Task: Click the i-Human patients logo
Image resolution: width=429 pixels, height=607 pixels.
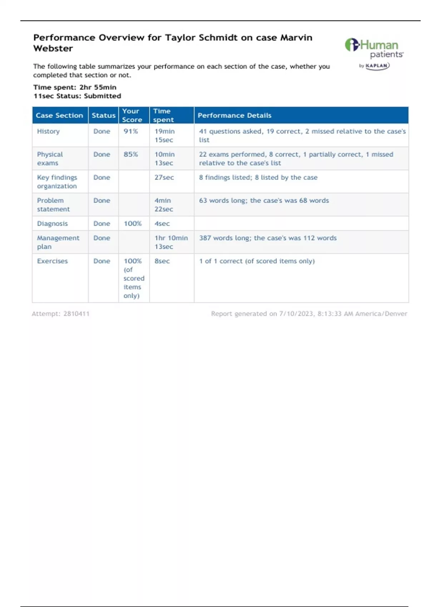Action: [x=374, y=49]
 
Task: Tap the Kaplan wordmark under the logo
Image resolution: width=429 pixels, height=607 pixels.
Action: [x=377, y=66]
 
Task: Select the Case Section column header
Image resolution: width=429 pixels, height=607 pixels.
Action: [x=59, y=115]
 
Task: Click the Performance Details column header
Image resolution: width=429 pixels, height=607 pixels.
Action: [x=235, y=115]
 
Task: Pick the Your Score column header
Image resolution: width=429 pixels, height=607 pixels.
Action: [x=132, y=115]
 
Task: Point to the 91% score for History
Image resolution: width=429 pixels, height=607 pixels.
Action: [x=131, y=131]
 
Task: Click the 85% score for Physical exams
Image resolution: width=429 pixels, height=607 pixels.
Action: [x=131, y=155]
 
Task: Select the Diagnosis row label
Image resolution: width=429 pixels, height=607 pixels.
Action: [x=52, y=224]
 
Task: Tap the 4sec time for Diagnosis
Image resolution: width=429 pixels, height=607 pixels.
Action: [x=162, y=224]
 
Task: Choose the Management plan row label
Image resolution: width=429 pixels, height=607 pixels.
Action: [x=58, y=242]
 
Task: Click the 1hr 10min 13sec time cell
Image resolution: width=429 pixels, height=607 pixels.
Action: [x=171, y=242]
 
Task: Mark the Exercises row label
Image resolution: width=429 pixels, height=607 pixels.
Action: [x=52, y=261]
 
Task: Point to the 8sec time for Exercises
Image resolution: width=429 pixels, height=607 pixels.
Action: [x=162, y=261]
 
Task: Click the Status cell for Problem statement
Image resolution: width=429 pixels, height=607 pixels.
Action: [x=102, y=201]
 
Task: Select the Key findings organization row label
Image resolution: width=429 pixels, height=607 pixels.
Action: [x=57, y=182]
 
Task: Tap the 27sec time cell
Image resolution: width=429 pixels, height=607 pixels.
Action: [x=164, y=177]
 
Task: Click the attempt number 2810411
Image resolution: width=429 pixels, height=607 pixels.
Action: [x=76, y=314]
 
